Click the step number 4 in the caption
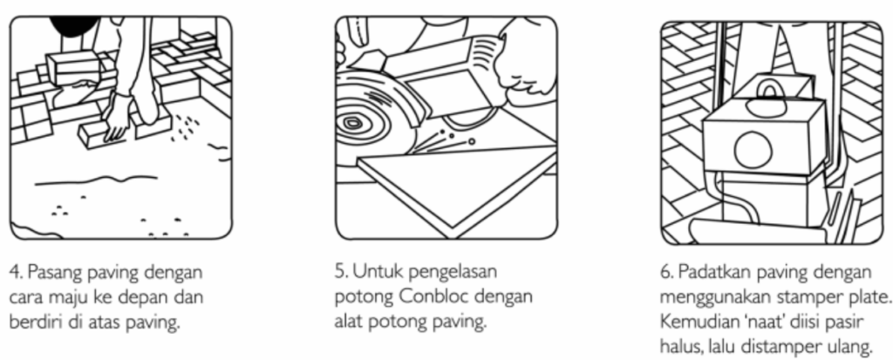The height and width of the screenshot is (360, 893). pyautogui.click(x=14, y=273)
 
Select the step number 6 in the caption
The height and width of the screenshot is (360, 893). pyautogui.click(x=666, y=273)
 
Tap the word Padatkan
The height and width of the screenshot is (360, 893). pyautogui.click(x=707, y=272)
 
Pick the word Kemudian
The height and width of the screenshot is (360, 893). pyautogui.click(x=693, y=323)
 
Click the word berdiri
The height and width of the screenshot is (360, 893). pyautogui.click(x=30, y=323)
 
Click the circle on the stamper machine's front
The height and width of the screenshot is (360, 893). pyautogui.click(x=753, y=149)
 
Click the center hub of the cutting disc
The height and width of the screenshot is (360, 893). pyautogui.click(x=351, y=123)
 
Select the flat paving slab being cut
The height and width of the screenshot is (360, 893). pyautogui.click(x=455, y=181)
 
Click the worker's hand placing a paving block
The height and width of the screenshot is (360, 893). pyautogui.click(x=117, y=117)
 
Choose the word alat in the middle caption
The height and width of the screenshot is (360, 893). pyautogui.click(x=348, y=323)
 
